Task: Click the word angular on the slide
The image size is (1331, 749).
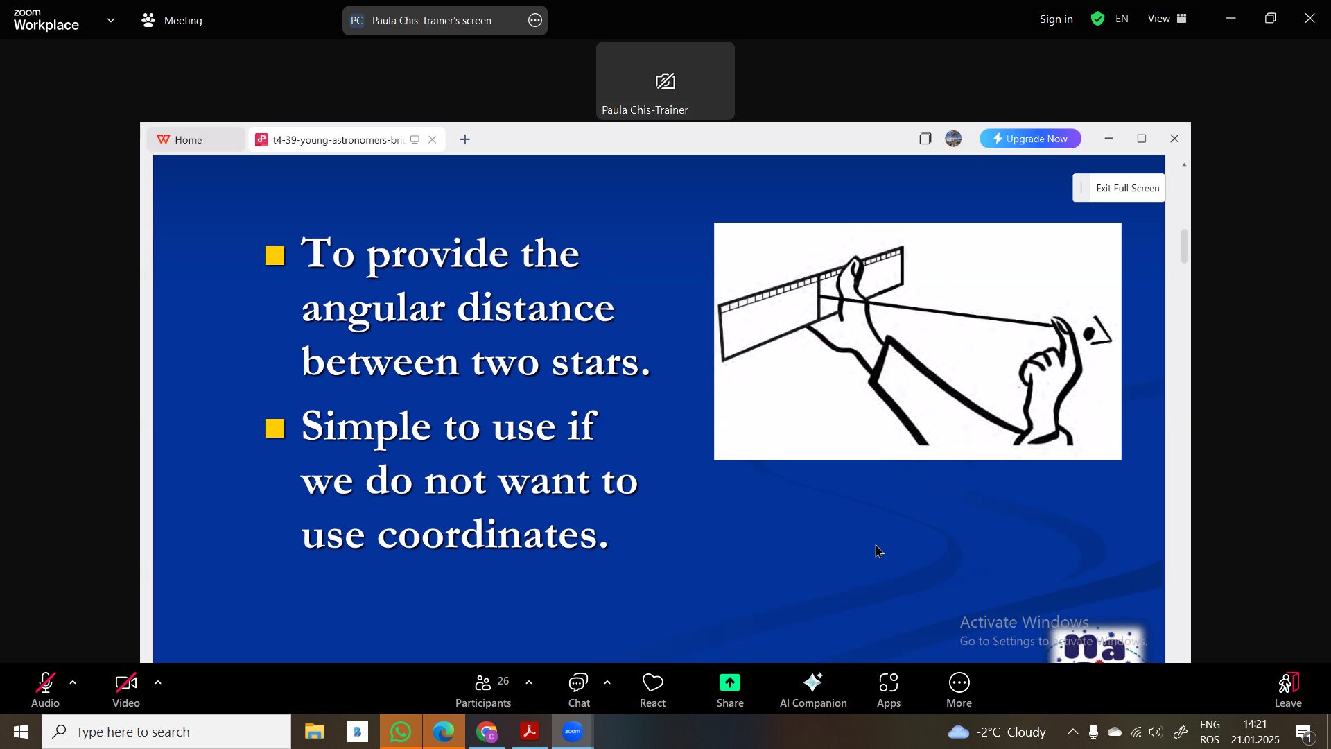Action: pos(373,309)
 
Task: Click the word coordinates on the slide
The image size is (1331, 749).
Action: pos(493,535)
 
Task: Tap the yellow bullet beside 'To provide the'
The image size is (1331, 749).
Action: pos(275,256)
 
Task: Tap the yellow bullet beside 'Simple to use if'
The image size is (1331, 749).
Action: pos(275,429)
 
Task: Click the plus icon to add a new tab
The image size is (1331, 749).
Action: pos(465,139)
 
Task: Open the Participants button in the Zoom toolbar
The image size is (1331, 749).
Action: pos(483,690)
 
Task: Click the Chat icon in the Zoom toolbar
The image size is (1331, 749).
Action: pos(578,683)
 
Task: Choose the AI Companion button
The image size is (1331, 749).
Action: pos(813,690)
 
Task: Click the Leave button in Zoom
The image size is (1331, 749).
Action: pos(1288,690)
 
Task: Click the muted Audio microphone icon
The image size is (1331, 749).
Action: pos(45,683)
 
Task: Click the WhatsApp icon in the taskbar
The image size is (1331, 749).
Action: pos(401,732)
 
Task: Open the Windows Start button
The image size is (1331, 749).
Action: pos(21,732)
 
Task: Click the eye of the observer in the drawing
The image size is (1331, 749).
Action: pos(1089,334)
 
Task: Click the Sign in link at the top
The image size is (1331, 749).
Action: pos(1056,19)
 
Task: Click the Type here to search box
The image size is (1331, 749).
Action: pos(166,732)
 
